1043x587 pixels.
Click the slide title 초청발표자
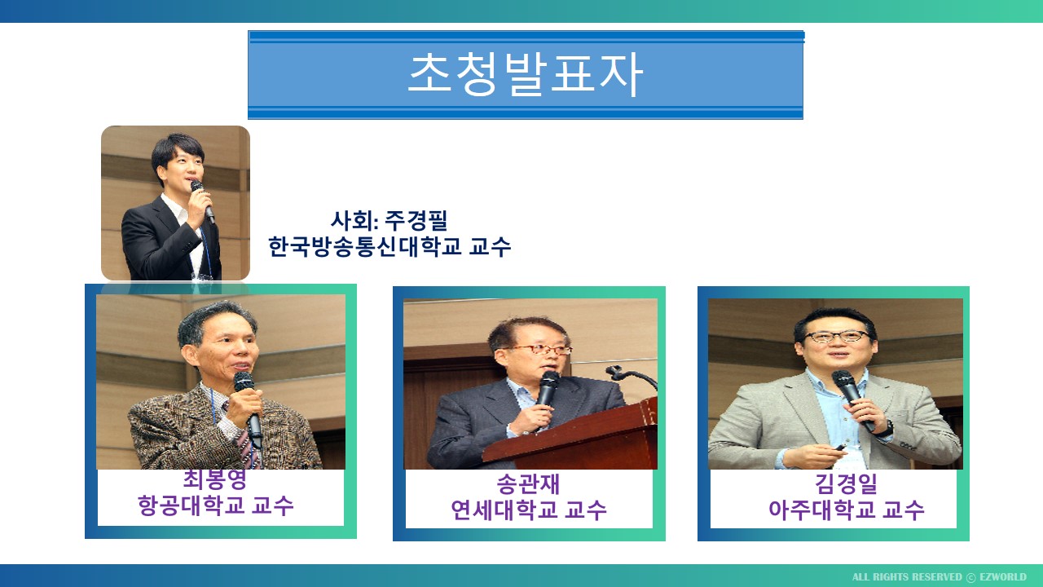[x=526, y=74]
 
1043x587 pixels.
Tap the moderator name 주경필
[x=416, y=220]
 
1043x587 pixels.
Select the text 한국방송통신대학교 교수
[x=389, y=246]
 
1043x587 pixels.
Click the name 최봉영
[x=214, y=479]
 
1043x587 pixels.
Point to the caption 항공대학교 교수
[x=216, y=505]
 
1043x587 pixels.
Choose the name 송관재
[x=528, y=484]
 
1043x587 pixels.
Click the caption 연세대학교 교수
[x=529, y=510]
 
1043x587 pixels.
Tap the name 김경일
[x=846, y=484]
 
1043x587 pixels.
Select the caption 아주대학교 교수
[x=846, y=510]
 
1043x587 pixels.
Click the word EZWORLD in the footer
[x=1003, y=576]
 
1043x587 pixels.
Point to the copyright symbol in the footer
[x=970, y=577]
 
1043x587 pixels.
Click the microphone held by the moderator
[x=203, y=201]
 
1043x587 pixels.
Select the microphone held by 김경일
[x=852, y=399]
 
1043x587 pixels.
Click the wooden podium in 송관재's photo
[x=573, y=438]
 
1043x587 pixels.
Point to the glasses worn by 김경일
[x=838, y=337]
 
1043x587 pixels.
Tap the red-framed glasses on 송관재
[x=543, y=350]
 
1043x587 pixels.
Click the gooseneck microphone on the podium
[x=631, y=377]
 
